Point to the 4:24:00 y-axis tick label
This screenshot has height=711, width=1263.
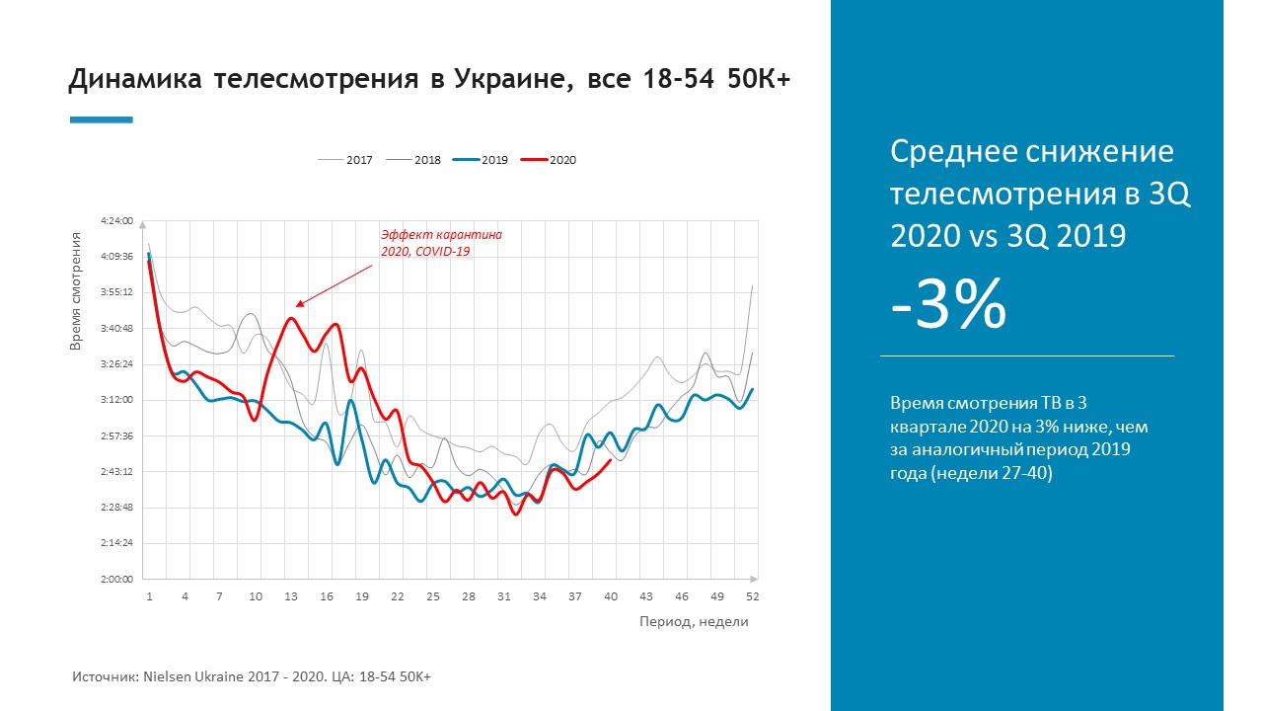[116, 221]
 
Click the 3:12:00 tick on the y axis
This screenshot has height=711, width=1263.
[116, 400]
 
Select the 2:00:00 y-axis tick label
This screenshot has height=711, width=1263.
[116, 579]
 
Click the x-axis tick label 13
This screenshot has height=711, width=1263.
[291, 597]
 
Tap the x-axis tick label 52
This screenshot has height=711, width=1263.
[753, 597]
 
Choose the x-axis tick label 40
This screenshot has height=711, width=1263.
[611, 597]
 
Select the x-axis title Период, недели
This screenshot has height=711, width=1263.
[694, 622]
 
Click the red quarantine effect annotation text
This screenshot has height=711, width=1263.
[441, 243]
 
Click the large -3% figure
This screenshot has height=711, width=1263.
[948, 303]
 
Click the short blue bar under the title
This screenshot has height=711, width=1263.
[101, 120]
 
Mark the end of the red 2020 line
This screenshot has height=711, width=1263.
[612, 459]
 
